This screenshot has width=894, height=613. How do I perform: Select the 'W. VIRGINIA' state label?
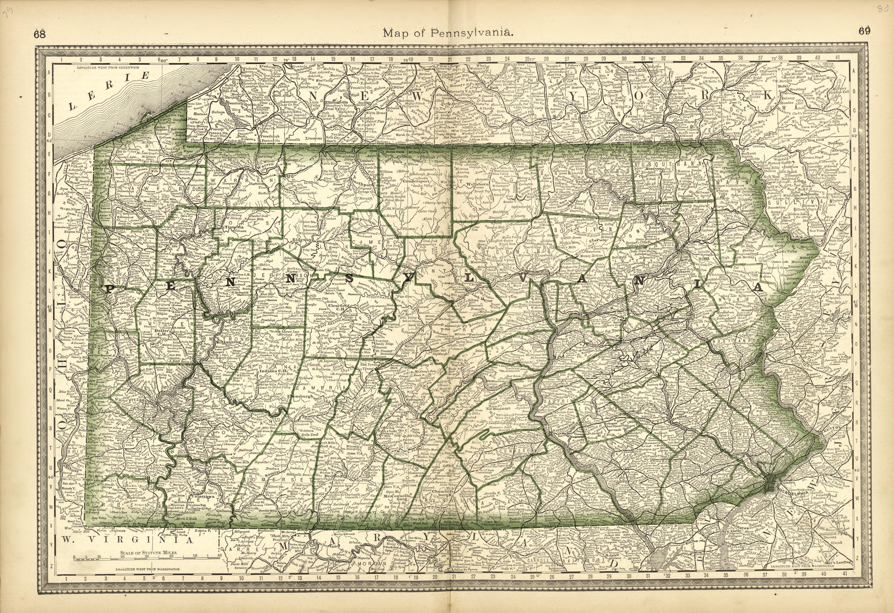pos(125,540)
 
